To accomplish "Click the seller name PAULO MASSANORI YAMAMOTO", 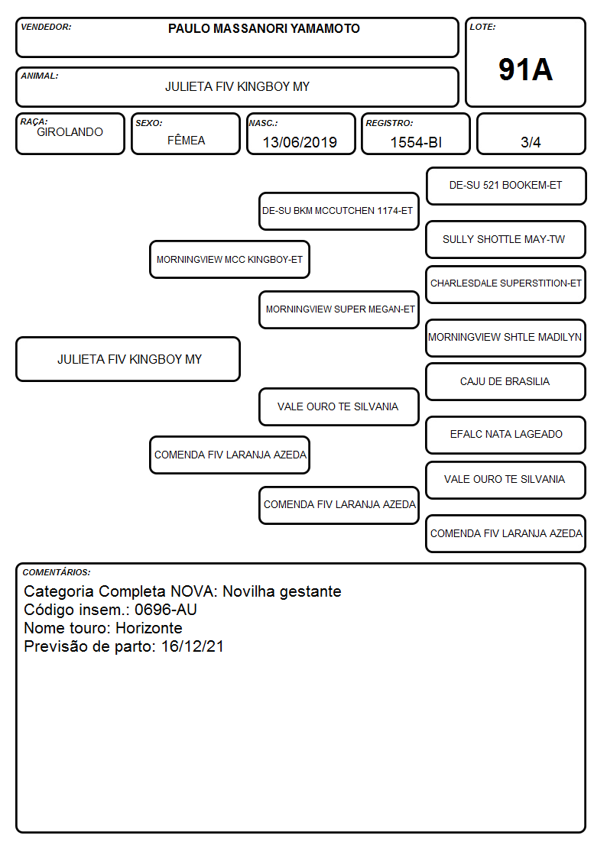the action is (x=264, y=28).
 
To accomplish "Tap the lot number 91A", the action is (x=525, y=70).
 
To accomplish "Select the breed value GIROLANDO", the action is (x=70, y=132).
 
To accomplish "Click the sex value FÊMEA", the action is (x=186, y=140).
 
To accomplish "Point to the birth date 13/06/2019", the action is (x=300, y=142).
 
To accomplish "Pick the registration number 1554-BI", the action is (x=416, y=142).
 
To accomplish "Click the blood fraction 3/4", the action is (x=531, y=142).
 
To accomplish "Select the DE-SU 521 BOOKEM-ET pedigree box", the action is (x=506, y=186).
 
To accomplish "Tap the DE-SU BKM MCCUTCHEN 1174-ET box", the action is (x=339, y=211).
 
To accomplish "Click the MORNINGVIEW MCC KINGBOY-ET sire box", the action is (x=230, y=259).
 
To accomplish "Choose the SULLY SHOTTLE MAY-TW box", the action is (x=506, y=240).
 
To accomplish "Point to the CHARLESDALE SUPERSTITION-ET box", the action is (x=506, y=284).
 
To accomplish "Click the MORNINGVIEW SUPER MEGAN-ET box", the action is (x=339, y=309).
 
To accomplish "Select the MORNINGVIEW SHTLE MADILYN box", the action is (x=506, y=338).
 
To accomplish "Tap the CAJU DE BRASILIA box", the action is (x=506, y=381).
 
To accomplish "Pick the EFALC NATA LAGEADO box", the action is (x=506, y=435).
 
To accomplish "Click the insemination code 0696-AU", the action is (x=166, y=610).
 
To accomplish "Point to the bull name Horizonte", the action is (x=149, y=627).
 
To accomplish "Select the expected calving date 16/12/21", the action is (x=193, y=646).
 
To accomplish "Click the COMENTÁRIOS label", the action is (x=57, y=572).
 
